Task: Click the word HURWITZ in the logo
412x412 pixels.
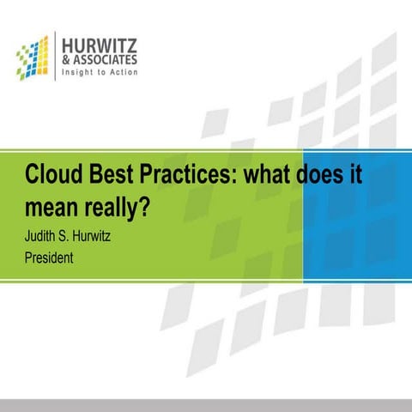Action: point(99,44)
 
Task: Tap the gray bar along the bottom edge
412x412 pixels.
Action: point(206,405)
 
